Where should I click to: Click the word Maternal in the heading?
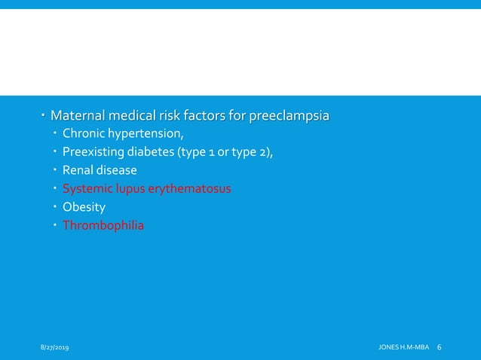tap(77, 117)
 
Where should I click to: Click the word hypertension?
tap(146, 135)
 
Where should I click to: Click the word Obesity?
tap(84, 206)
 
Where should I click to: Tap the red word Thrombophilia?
tap(103, 224)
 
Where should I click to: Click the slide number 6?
tap(440, 347)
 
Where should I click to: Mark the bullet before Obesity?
tap(55, 206)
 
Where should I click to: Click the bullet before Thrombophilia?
tap(55, 224)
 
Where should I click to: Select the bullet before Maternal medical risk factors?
tap(43, 117)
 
